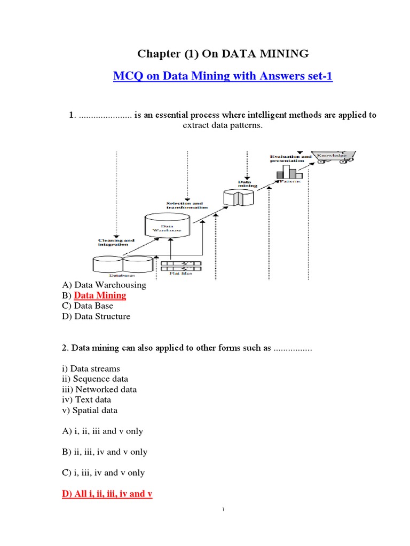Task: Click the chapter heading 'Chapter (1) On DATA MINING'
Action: pos(223,53)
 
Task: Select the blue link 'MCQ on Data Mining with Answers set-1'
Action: pos(223,76)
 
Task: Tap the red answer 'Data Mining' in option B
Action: pos(100,295)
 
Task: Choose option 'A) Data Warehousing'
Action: pos(104,285)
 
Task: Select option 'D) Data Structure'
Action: pos(96,316)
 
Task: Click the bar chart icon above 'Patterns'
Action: pos(289,172)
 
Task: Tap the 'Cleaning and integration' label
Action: pos(116,243)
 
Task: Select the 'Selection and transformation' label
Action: pos(185,205)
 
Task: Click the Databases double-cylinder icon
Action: pos(122,264)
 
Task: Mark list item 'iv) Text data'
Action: pos(86,400)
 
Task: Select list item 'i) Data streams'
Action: pos(91,369)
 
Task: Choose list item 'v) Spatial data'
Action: pos(90,411)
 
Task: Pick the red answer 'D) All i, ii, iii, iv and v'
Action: pos(107,494)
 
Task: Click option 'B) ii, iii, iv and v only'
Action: pos(105,452)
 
